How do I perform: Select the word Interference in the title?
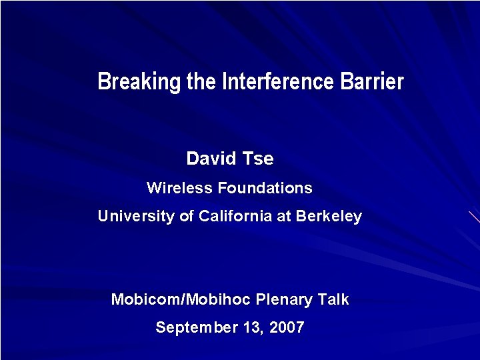tap(278, 82)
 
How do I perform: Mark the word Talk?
tap(333, 299)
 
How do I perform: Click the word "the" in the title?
tap(201, 82)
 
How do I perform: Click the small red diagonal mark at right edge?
tap(474, 217)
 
